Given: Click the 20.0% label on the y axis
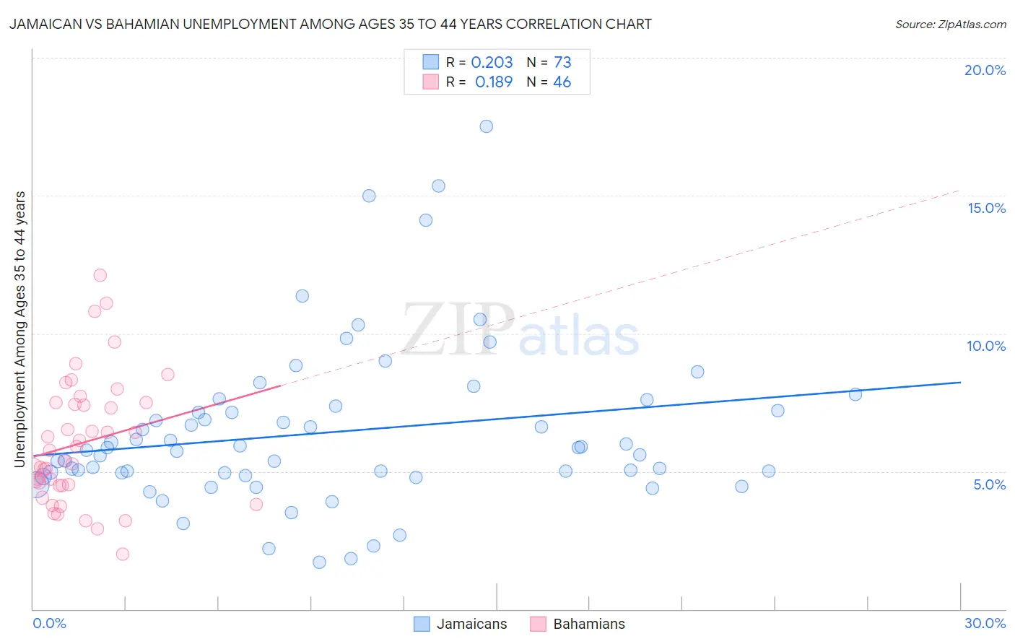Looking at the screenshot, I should pos(985,70).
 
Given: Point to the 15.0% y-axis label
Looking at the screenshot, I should pos(986,208).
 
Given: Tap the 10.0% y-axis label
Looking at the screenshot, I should pos(986,346).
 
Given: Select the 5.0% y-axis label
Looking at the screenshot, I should pos(989,484).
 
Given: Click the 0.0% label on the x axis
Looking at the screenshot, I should pos(49,623).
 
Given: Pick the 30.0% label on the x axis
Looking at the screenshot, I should pos(985,623).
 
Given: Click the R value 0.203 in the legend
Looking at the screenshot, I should pos(492,63).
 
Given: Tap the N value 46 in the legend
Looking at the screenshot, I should pos(562,82).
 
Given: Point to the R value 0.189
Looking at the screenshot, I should pos(494,82).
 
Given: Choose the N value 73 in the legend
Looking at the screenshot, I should pos(562,63).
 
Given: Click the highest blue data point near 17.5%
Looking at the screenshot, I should pos(487,126).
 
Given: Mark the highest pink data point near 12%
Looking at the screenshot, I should pos(100,275).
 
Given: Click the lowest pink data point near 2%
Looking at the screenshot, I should pos(123,554).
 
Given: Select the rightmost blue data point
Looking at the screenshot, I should pos(855,394).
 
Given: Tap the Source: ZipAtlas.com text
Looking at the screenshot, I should pos(950,25).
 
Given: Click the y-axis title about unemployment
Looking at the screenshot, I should pos(20,328).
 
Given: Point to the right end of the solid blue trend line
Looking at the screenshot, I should pos(960,382).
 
